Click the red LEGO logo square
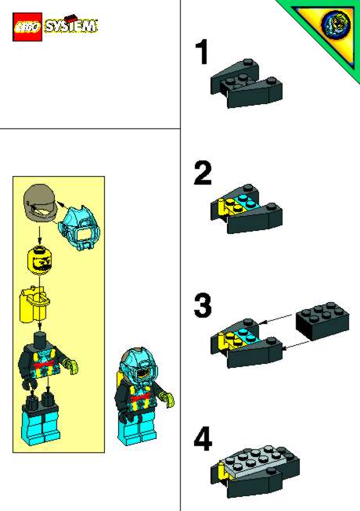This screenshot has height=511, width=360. [x=27, y=27]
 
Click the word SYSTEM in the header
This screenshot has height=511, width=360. [x=70, y=26]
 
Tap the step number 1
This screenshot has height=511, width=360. [x=203, y=52]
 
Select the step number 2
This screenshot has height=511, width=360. [x=203, y=174]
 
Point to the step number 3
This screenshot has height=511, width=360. [x=203, y=306]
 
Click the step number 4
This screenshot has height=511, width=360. [x=203, y=439]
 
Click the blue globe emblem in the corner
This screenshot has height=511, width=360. [x=336, y=23]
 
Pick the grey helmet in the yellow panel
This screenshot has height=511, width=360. [x=41, y=203]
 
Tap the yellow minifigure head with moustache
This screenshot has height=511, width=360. [x=40, y=261]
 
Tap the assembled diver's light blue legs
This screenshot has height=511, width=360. [x=138, y=430]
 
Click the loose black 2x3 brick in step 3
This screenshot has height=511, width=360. [x=322, y=322]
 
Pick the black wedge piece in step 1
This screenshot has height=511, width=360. [x=247, y=84]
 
